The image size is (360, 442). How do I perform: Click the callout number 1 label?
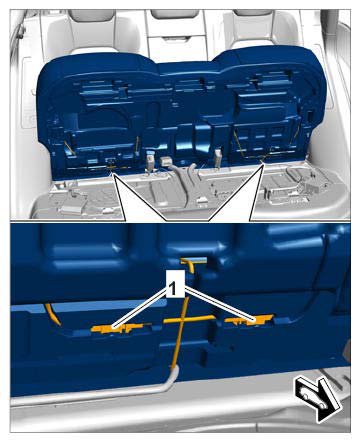point(172,289)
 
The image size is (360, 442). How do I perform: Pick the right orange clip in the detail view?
point(249,321)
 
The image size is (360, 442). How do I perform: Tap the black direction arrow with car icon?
point(317,399)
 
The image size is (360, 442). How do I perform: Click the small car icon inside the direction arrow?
point(313,397)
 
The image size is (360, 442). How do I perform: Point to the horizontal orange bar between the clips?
point(189,319)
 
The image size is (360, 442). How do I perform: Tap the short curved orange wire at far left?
point(53,314)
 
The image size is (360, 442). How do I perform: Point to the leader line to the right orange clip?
point(220,304)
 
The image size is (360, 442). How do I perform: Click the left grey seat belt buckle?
point(151,159)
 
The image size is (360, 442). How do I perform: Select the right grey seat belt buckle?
point(219,157)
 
